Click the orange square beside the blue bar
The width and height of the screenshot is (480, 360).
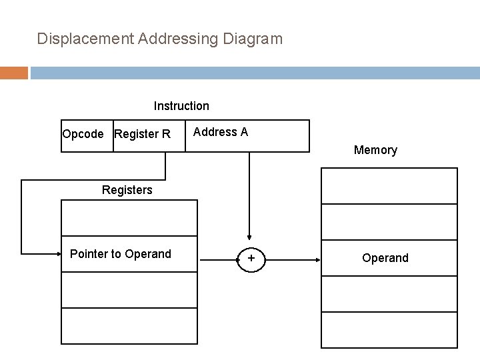point(13,72)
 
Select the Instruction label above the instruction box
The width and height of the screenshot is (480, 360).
point(181,106)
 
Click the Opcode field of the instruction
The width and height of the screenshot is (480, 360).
point(83,134)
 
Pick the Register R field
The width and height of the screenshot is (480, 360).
point(142,134)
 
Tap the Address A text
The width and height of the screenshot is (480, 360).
point(221,132)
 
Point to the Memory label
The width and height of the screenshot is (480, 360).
point(375,150)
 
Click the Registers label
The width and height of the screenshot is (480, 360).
point(127,190)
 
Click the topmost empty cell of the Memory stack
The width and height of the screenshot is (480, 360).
point(389,185)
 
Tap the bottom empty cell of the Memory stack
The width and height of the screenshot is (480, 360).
point(389,329)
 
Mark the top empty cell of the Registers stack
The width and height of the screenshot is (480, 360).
point(129,218)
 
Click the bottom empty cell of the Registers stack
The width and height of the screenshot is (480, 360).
point(129,326)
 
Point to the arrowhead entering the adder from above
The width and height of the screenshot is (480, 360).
point(250,235)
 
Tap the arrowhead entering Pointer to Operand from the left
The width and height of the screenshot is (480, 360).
point(57,253)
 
